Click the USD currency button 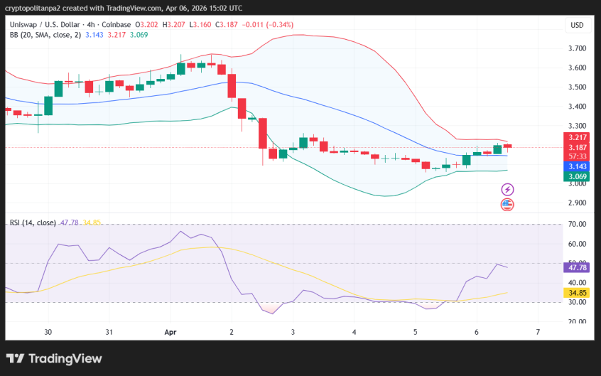pos(577,25)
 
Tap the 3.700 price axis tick pos(577,48)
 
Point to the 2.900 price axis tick pos(577,203)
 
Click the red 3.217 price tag pos(576,137)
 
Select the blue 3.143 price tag pos(576,166)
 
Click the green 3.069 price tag pos(576,176)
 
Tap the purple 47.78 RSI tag pos(576,267)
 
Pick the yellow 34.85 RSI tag pos(576,292)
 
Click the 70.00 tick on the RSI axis pos(577,225)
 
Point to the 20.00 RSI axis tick pos(577,321)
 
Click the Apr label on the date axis pos(170,332)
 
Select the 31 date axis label pos(109,332)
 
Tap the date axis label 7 pos(538,332)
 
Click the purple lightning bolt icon pos(507,189)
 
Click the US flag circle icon pos(507,205)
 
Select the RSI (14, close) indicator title pos(33,222)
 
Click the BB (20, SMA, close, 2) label pos(44,34)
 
